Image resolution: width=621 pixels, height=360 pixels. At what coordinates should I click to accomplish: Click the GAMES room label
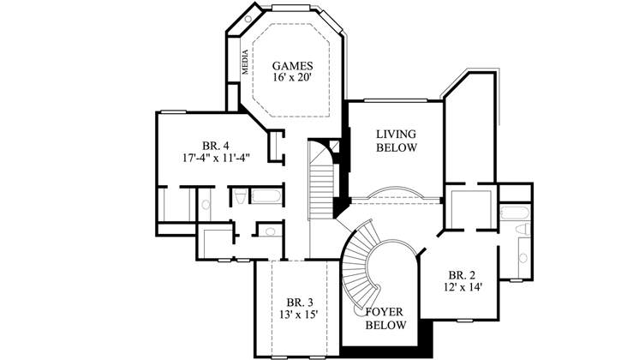pyautogui.click(x=292, y=66)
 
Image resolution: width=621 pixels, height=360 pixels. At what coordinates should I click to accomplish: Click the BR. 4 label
pyautogui.click(x=216, y=145)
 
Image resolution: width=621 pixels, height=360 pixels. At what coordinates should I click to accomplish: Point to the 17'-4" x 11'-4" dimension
pyautogui.click(x=216, y=158)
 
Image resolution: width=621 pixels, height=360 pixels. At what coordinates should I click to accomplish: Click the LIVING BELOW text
pyautogui.click(x=396, y=141)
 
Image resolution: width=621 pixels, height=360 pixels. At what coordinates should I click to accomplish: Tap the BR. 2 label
pyautogui.click(x=461, y=275)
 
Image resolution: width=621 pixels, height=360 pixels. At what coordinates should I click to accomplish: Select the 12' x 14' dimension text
pyautogui.click(x=461, y=288)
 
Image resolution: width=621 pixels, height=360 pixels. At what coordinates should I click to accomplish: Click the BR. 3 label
pyautogui.click(x=300, y=303)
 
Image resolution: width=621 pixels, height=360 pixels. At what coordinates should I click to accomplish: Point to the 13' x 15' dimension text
pyautogui.click(x=301, y=315)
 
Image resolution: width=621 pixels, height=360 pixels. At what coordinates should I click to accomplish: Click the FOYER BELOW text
pyautogui.click(x=385, y=318)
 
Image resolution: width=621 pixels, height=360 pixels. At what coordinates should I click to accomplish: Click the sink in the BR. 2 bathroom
pyautogui.click(x=522, y=256)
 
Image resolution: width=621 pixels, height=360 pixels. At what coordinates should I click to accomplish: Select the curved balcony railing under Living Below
pyautogui.click(x=396, y=193)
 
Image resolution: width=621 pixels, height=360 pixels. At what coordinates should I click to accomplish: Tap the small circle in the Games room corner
pyautogui.click(x=248, y=18)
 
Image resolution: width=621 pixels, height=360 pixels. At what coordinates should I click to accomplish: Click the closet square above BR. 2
pyautogui.click(x=470, y=208)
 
